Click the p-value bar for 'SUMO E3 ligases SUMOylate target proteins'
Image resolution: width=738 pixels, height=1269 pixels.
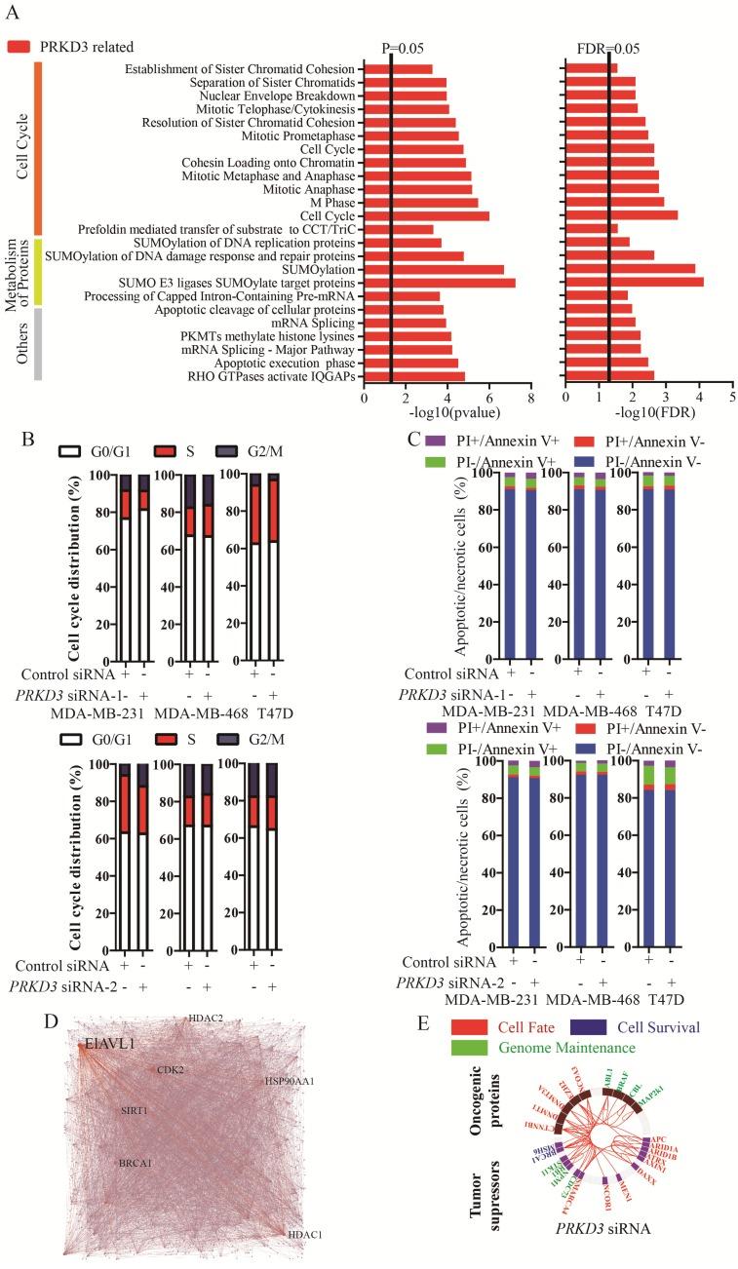click(440, 282)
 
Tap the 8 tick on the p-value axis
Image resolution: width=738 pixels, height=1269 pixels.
click(530, 398)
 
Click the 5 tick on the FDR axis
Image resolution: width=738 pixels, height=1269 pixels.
click(731, 398)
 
